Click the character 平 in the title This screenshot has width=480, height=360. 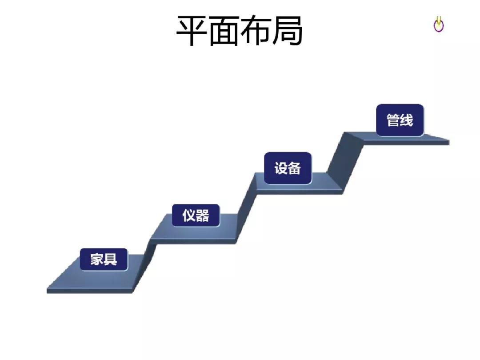click(192, 31)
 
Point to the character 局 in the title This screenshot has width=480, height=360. click(287, 31)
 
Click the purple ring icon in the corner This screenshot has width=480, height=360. click(439, 25)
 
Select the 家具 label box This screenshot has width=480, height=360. click(104, 259)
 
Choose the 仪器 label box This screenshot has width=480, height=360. click(196, 215)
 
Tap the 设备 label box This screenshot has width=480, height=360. click(288, 168)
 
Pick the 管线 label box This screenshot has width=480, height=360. click(400, 120)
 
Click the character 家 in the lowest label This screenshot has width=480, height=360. click(97, 259)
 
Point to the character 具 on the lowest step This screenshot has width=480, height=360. click(111, 259)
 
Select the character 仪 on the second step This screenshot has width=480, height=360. click(189, 215)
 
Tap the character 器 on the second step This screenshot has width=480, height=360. click(202, 215)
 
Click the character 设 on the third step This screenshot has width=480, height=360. click(281, 168)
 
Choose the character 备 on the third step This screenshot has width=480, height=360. click(295, 168)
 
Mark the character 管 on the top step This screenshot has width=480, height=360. click(393, 120)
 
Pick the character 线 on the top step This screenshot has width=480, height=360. click(407, 120)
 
